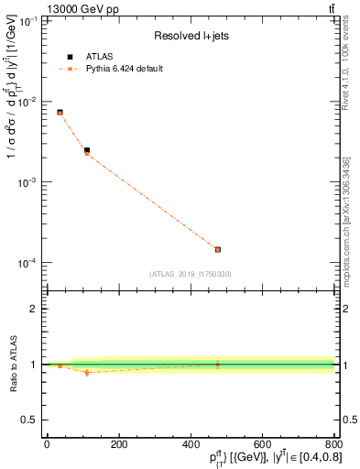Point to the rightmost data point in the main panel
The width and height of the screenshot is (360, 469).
click(218, 249)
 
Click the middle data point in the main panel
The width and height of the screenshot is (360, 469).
click(87, 151)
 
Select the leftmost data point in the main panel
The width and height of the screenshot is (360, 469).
click(60, 113)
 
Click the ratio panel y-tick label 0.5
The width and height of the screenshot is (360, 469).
click(30, 420)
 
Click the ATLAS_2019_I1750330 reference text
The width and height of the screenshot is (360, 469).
click(190, 274)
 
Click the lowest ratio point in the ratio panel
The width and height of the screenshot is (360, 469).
click(87, 373)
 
